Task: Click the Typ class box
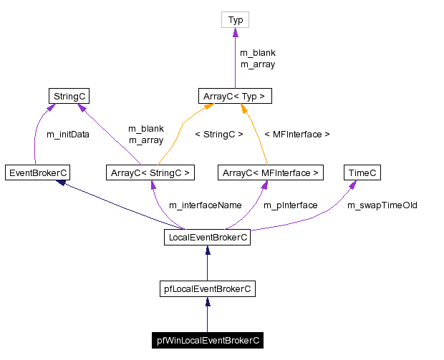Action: coord(235,20)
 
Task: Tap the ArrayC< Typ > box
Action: coord(235,95)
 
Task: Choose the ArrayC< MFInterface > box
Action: coord(270,172)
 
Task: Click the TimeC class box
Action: coord(362,172)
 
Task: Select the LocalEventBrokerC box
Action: coord(207,238)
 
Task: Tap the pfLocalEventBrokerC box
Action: coord(207,289)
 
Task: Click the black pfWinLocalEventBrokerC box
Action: coord(207,341)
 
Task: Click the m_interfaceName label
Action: coord(205,205)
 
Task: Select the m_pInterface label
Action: coord(290,205)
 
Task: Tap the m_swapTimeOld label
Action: coord(382,205)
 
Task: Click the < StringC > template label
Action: coord(219,135)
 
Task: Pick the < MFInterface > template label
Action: coord(297,135)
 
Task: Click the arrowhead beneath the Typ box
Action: coord(235,33)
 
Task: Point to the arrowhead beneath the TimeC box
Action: coord(353,185)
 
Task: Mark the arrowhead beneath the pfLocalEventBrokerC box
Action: coord(207,301)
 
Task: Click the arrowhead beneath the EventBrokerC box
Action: coord(63,183)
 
